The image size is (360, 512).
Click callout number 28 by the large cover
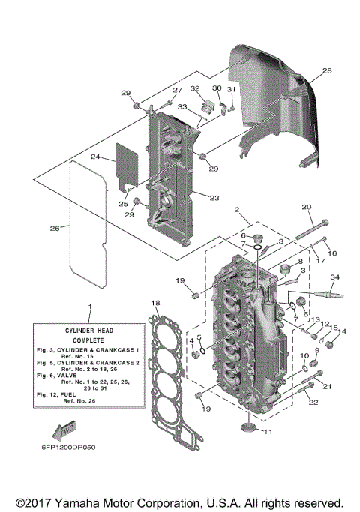[x=326, y=71]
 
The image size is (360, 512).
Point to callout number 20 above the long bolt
[x=306, y=207]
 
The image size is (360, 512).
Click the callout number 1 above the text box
[x=90, y=307]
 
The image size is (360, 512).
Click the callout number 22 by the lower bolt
[x=313, y=403]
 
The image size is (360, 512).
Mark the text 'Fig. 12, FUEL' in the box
[x=61, y=395]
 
